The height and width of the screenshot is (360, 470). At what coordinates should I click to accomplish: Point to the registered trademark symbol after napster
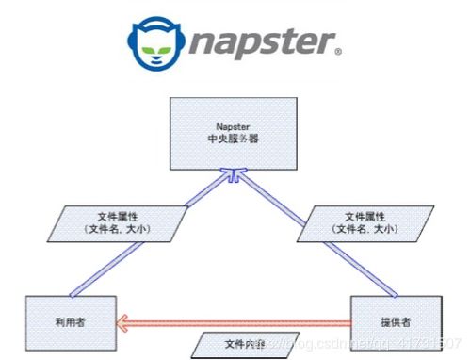[x=337, y=50]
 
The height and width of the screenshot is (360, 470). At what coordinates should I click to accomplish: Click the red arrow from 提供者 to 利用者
[x=235, y=322]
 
